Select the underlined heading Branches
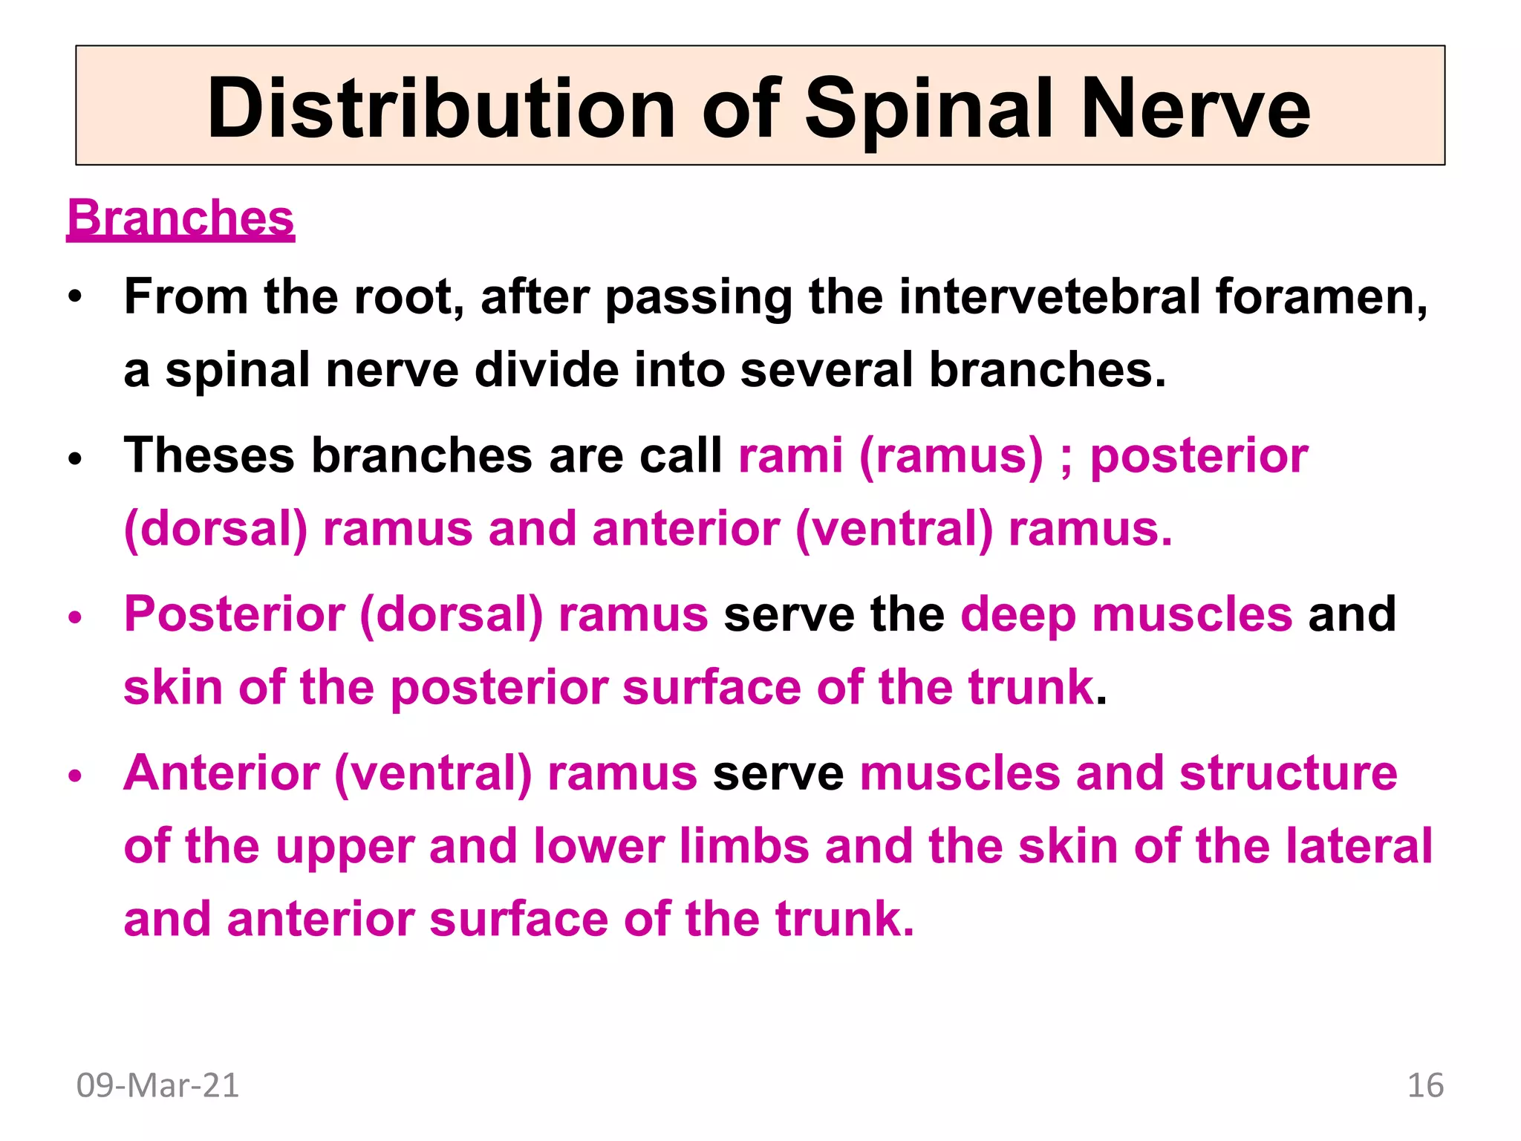[180, 218]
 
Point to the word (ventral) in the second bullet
[894, 529]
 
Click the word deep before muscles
[1017, 615]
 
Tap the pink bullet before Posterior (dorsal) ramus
[74, 617]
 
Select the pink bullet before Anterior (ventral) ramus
[74, 776]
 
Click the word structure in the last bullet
[1289, 773]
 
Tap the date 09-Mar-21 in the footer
[157, 1085]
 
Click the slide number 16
[1425, 1085]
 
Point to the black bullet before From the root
[74, 299]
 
